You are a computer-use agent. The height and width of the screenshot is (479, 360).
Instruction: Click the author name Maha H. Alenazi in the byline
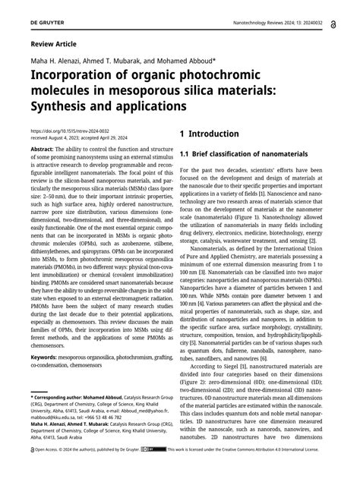click(x=53, y=62)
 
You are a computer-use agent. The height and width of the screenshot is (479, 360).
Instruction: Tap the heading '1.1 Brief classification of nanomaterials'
click(x=244, y=154)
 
